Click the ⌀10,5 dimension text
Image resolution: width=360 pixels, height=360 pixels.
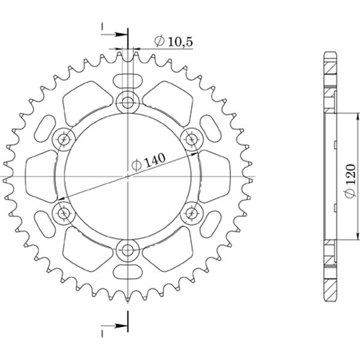(173, 41)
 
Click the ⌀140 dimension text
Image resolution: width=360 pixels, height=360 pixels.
(148, 161)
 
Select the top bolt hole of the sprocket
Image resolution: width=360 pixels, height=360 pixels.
(128, 103)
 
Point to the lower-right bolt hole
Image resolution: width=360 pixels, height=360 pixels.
(191, 212)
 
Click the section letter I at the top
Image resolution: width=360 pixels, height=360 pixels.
(103, 26)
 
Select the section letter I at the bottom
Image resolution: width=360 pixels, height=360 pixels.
(103, 331)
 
